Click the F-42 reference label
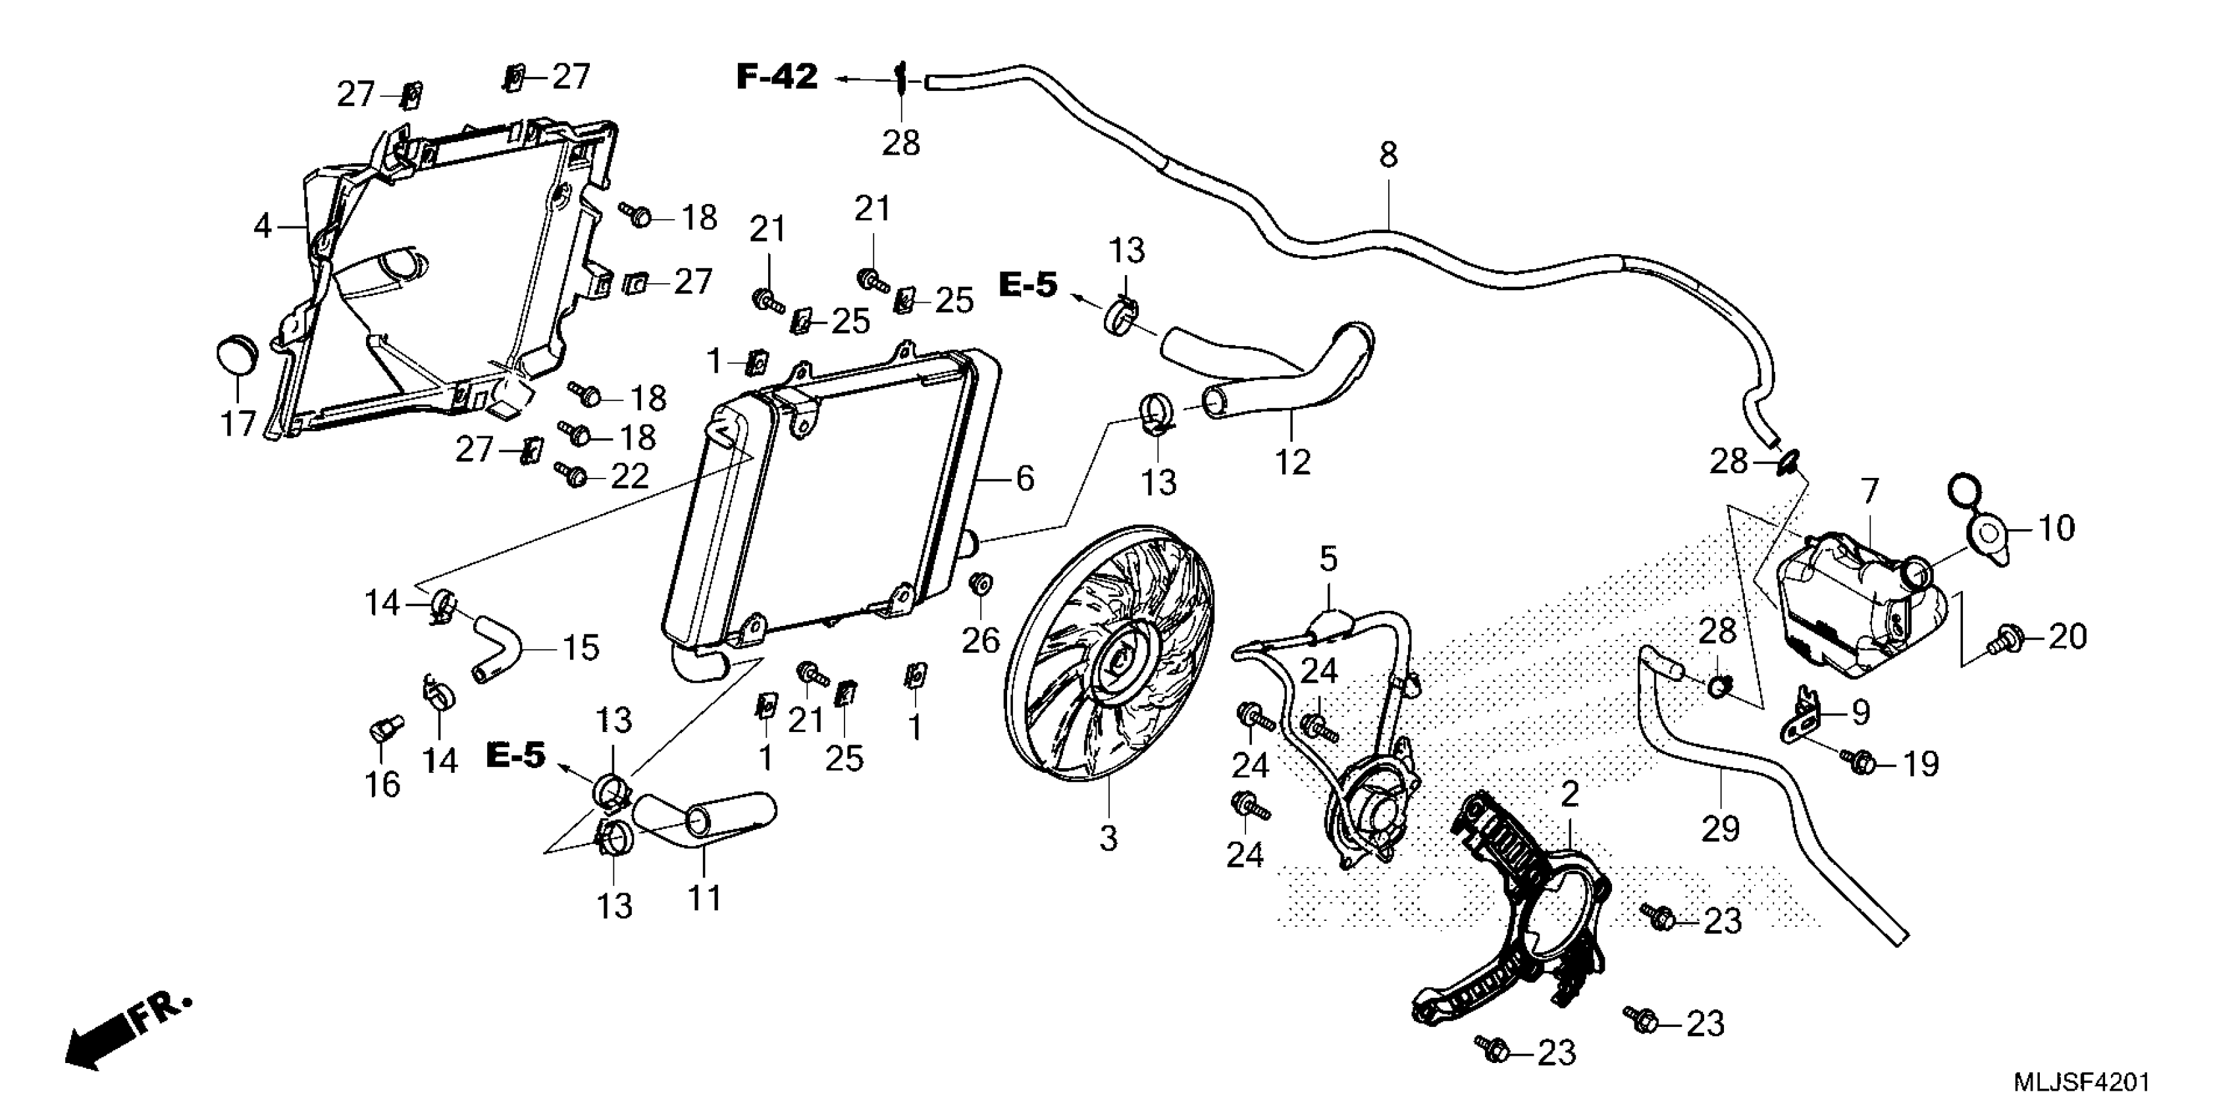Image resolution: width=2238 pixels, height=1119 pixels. (x=777, y=77)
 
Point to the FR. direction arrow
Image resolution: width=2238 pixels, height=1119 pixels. (x=126, y=1034)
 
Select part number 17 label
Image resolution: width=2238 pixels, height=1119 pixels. (x=237, y=423)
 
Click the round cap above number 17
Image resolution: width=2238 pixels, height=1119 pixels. (x=236, y=355)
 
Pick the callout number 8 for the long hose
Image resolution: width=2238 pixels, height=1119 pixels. (x=1388, y=155)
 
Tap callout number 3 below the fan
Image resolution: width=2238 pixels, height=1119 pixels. (x=1108, y=839)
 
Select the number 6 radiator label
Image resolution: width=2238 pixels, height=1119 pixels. (x=1025, y=479)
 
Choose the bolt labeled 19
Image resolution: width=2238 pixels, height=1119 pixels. (x=1861, y=762)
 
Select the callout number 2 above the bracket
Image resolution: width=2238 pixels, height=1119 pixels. (x=1569, y=794)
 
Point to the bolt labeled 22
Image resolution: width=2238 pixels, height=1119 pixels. (x=573, y=475)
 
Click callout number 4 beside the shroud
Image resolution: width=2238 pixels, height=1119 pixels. (x=263, y=226)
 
